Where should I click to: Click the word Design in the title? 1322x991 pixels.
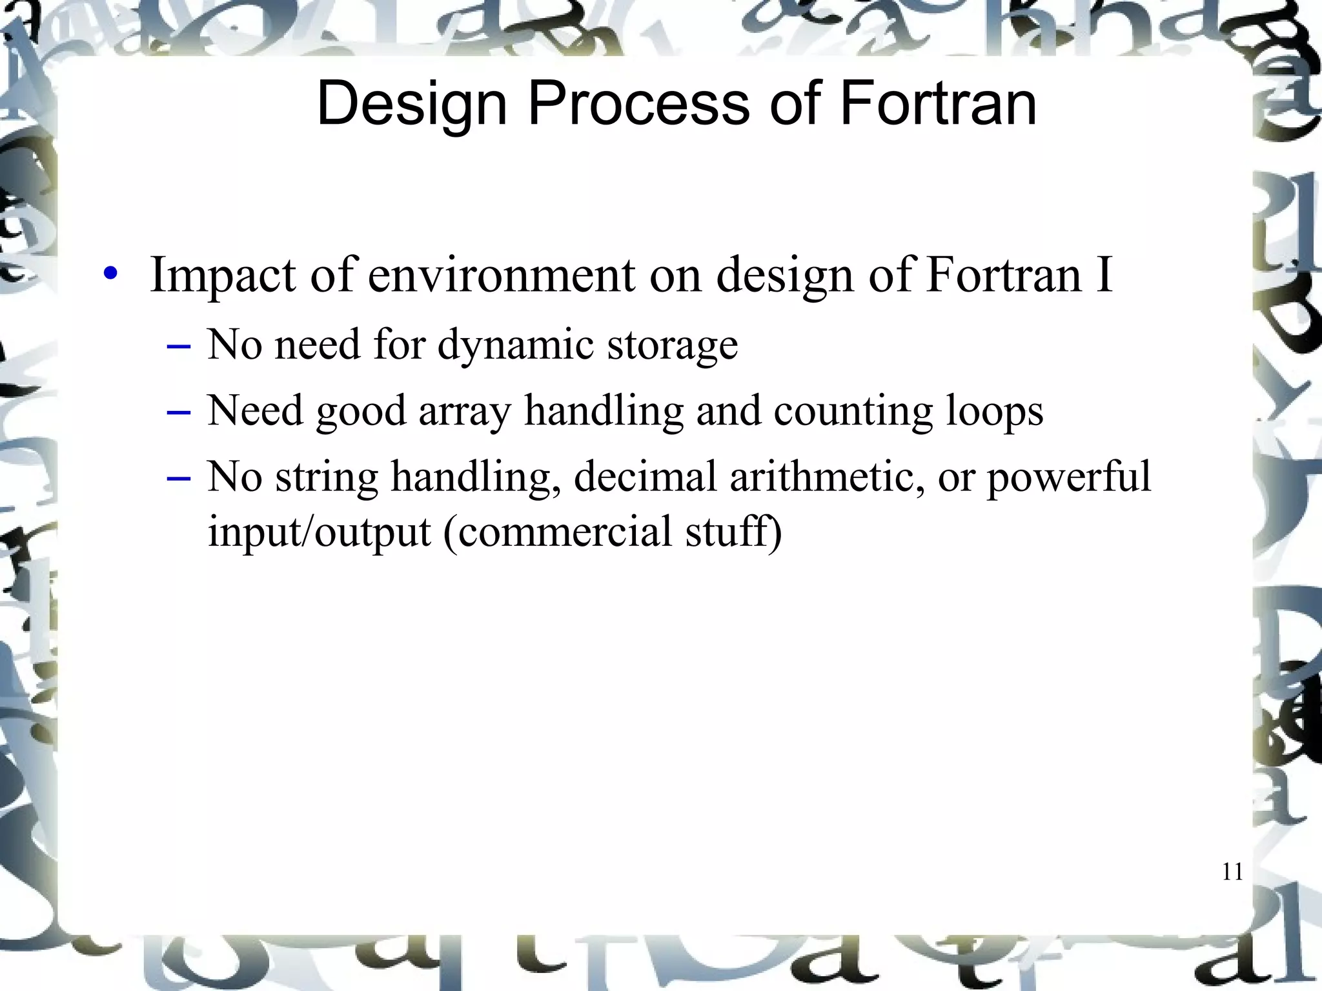click(412, 105)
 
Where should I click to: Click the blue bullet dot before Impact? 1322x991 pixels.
click(111, 274)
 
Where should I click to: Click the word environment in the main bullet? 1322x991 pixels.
click(502, 275)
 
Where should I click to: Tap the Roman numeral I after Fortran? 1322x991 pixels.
click(1103, 274)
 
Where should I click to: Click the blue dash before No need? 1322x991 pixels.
click(178, 346)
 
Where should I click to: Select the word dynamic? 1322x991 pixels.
click(516, 346)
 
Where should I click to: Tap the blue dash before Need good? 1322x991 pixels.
click(178, 412)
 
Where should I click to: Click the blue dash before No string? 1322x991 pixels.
click(178, 478)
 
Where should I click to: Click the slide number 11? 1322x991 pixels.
click(1232, 872)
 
